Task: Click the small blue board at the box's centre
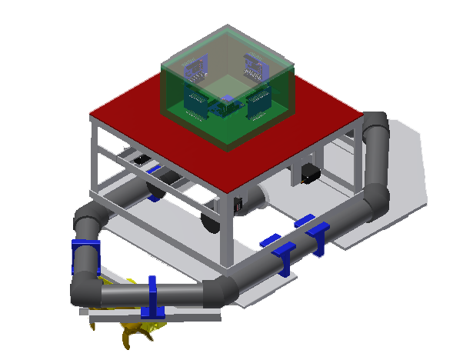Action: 228,100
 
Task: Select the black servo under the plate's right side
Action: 310,173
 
